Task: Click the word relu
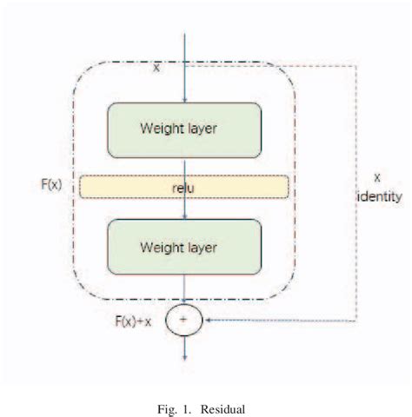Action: [x=184, y=186]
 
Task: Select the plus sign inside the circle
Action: [x=184, y=320]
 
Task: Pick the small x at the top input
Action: [x=156, y=67]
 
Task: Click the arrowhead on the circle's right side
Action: [x=206, y=320]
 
